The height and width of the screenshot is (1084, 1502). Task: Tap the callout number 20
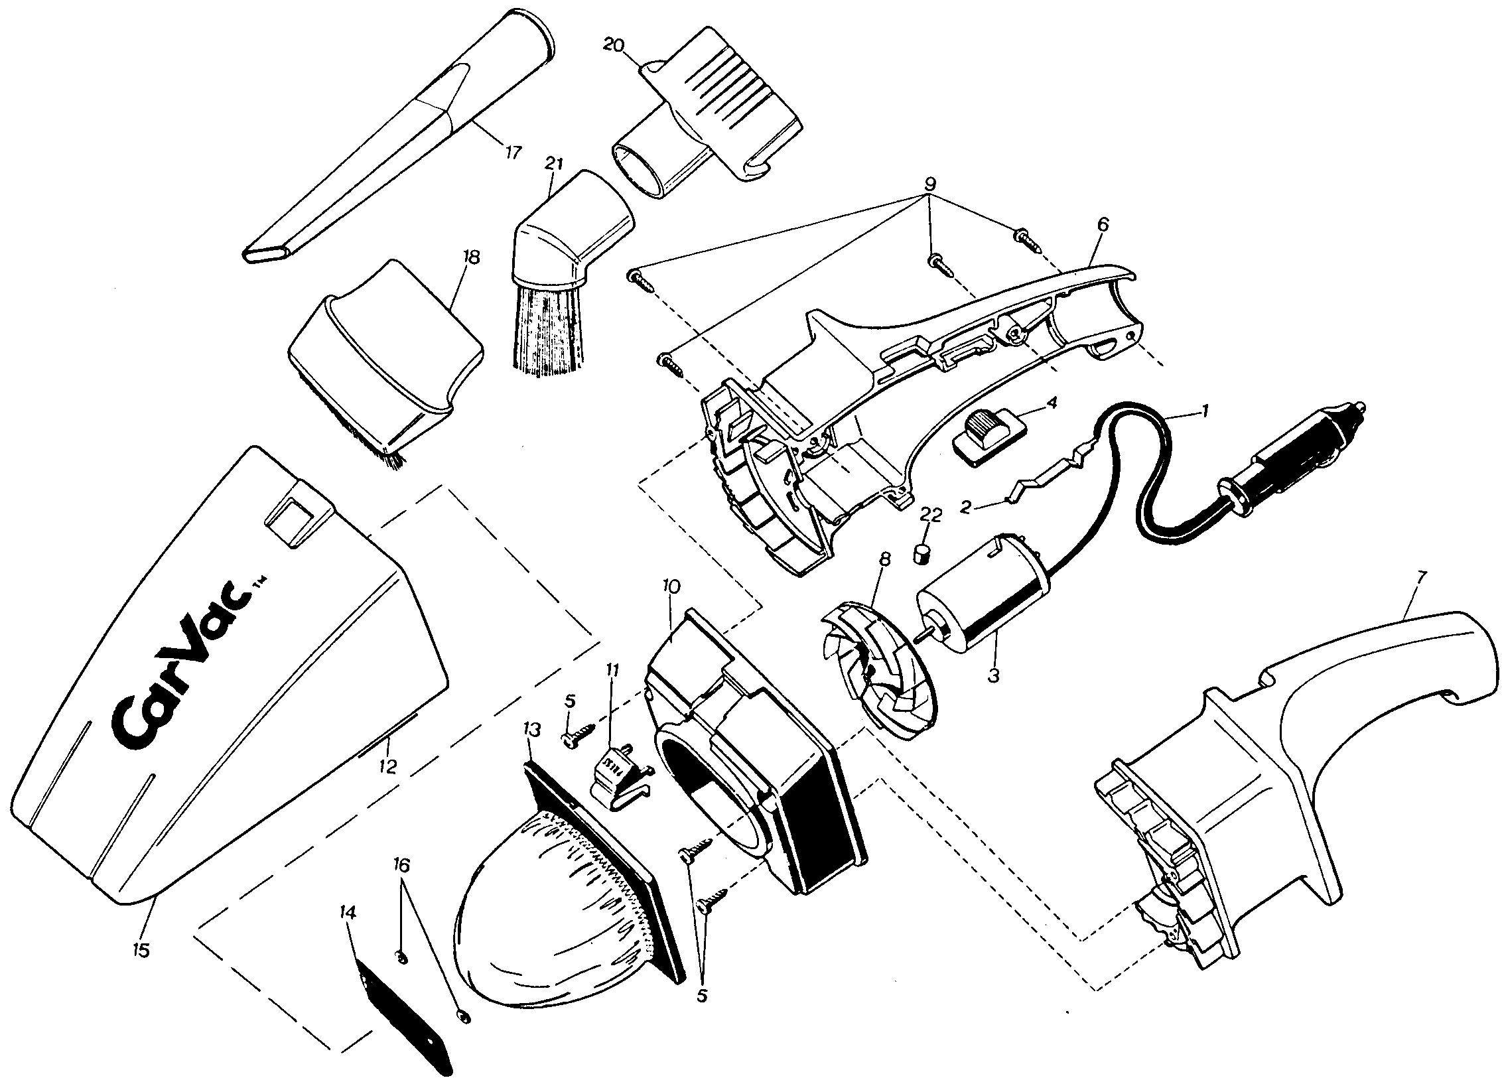[x=614, y=45]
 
